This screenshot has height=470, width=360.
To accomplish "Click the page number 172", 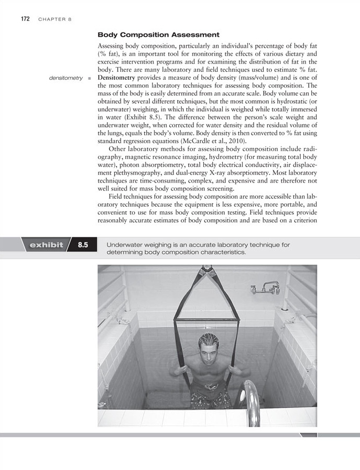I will tap(25, 19).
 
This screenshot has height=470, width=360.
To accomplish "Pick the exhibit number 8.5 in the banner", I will tap(83, 245).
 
